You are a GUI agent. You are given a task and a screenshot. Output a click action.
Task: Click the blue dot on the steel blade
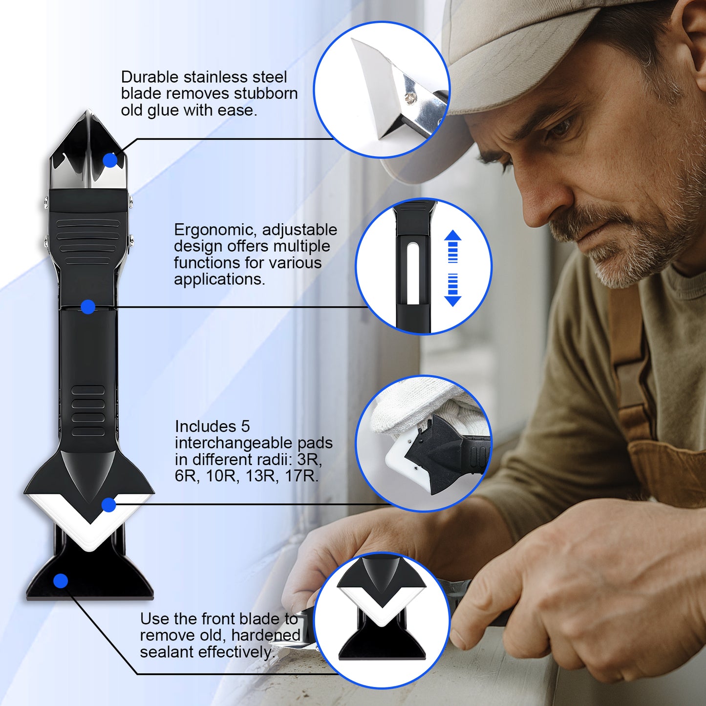click(x=110, y=160)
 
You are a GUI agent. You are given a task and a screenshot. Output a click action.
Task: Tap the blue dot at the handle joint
click(x=88, y=307)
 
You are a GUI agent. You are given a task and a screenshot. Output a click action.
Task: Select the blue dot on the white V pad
click(x=108, y=505)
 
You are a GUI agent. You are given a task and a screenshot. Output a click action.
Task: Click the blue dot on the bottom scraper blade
click(x=61, y=581)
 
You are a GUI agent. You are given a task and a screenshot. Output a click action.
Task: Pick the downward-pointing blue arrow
click(x=453, y=291)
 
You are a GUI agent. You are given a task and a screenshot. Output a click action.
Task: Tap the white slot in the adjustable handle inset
click(x=413, y=274)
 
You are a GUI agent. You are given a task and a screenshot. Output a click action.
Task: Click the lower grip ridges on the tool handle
click(x=88, y=411)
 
